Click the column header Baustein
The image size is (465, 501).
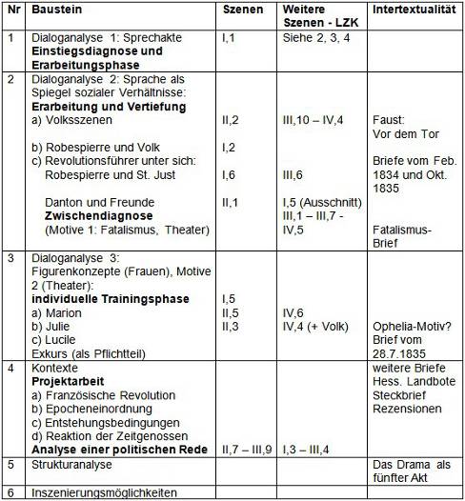tap(54, 10)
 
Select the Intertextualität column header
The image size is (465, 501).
tap(413, 10)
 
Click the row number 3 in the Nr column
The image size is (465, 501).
tap(10, 257)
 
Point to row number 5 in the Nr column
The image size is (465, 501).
tap(10, 465)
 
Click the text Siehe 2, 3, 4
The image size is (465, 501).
tap(310, 38)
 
